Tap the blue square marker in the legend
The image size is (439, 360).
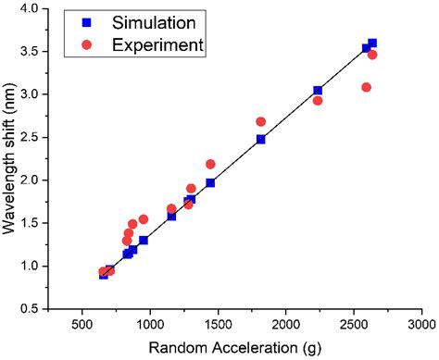click(x=86, y=21)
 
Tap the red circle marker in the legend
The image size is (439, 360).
click(x=86, y=43)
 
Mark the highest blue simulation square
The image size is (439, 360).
click(x=372, y=43)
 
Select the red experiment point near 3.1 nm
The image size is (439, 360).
click(x=366, y=87)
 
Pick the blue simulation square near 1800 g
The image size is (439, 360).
click(x=261, y=139)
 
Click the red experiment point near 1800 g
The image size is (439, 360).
click(x=261, y=121)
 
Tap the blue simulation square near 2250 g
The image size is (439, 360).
click(x=318, y=91)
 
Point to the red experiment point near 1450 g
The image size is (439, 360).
click(x=210, y=164)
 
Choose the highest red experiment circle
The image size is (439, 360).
click(x=372, y=55)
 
